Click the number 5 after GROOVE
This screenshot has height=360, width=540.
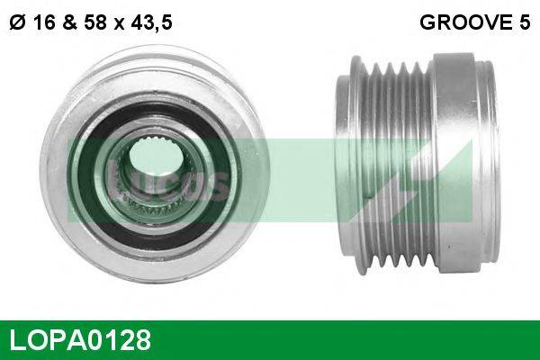pos(524,23)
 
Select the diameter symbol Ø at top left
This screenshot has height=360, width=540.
pos(15,23)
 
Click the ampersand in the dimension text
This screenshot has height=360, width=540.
pos(67,23)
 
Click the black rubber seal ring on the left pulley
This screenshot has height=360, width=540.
pos(90,180)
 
